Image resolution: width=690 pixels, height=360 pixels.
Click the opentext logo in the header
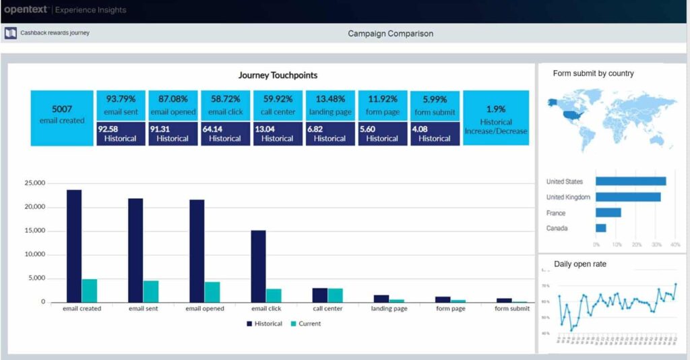pyautogui.click(x=25, y=10)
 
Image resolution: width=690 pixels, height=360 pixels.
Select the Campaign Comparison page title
pyautogui.click(x=390, y=33)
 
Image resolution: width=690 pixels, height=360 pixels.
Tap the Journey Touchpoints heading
pyautogui.click(x=278, y=76)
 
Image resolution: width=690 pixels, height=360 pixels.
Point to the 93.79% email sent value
pyautogui.click(x=121, y=99)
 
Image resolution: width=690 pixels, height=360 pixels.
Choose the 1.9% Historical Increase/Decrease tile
pyautogui.click(x=496, y=118)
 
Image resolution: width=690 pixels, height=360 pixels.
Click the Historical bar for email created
pyautogui.click(x=74, y=246)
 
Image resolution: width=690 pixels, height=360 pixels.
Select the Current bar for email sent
pyautogui.click(x=151, y=291)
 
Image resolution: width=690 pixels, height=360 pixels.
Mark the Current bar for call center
pyautogui.click(x=335, y=295)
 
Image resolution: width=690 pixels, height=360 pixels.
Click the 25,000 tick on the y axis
pyautogui.click(x=34, y=183)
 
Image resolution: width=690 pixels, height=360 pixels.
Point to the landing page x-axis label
pyautogui.click(x=389, y=309)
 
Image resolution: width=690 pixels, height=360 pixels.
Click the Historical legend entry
pyautogui.click(x=264, y=324)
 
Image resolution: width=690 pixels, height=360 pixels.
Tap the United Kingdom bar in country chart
pyautogui.click(x=628, y=197)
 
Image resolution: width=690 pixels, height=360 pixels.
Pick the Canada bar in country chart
pyautogui.click(x=601, y=228)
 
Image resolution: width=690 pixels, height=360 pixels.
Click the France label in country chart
pyautogui.click(x=556, y=212)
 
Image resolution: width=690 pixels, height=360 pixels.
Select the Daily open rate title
pyautogui.click(x=579, y=264)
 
